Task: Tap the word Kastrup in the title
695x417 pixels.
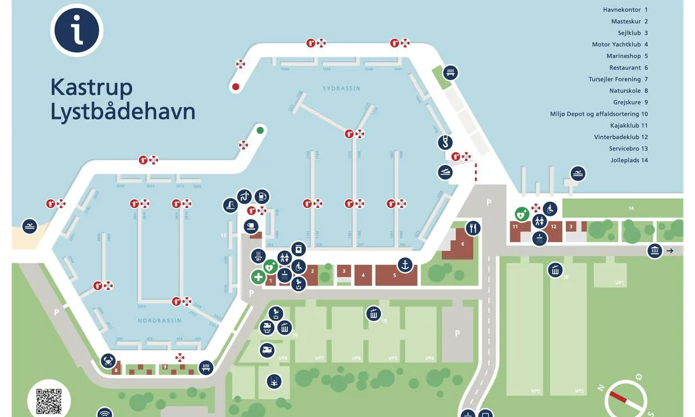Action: (x=92, y=87)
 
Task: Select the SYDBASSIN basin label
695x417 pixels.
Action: (x=341, y=89)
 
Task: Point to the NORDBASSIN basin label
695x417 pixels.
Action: (x=159, y=320)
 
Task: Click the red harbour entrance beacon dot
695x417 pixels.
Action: (x=235, y=87)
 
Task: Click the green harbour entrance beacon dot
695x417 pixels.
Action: (x=260, y=130)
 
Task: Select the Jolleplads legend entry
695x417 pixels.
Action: (x=628, y=160)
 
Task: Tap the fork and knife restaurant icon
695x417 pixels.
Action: (x=473, y=228)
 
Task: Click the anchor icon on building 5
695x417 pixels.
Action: (x=405, y=265)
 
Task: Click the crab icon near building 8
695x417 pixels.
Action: (x=108, y=361)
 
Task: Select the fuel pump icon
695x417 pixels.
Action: (x=262, y=197)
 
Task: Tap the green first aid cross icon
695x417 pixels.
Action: (x=258, y=277)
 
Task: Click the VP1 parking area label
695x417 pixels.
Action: (x=619, y=283)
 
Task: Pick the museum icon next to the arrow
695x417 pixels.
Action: (x=655, y=251)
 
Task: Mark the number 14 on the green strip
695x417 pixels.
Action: (x=631, y=208)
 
